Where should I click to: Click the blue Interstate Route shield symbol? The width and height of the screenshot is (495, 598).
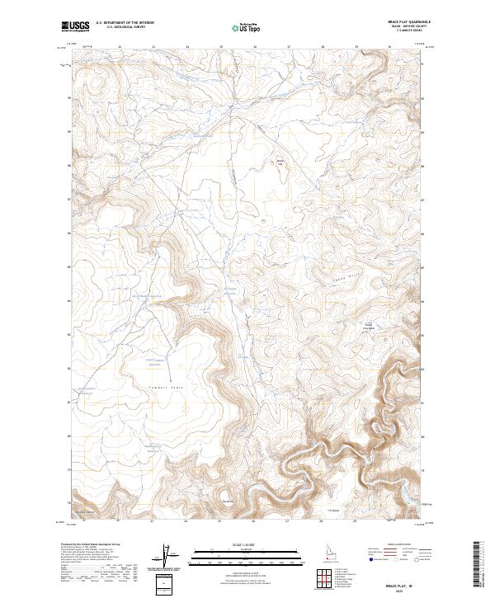[x=365, y=558]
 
